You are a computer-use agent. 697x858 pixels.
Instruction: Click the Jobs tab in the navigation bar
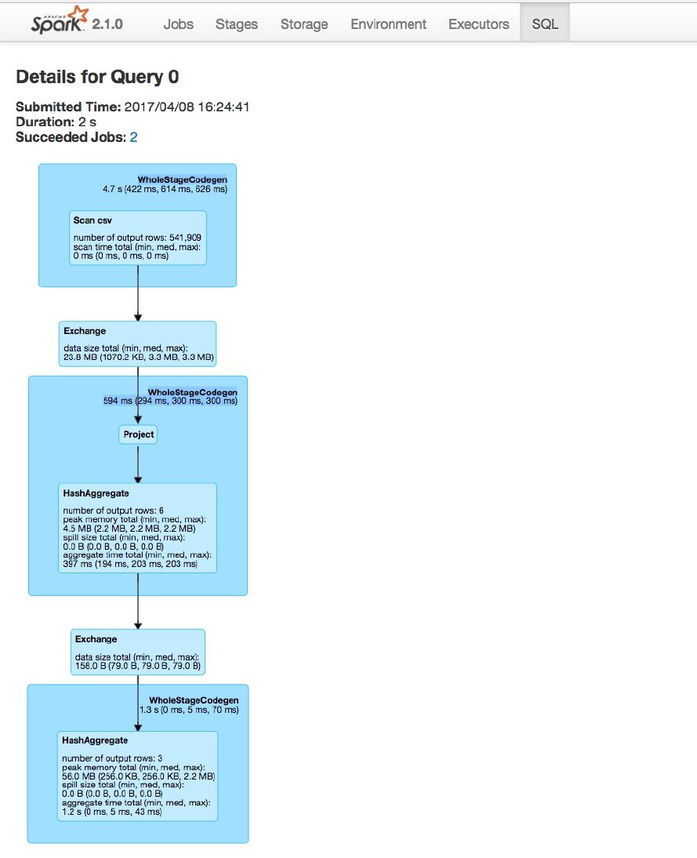point(178,24)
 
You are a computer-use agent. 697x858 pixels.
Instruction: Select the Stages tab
point(236,24)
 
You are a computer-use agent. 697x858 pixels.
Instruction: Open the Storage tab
point(304,24)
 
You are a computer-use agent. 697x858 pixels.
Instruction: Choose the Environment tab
point(388,24)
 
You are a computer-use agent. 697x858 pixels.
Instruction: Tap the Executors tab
point(478,24)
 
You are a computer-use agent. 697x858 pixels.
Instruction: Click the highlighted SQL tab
point(545,24)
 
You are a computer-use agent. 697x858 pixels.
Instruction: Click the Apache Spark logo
point(59,21)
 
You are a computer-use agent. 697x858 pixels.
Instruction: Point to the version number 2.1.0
point(107,24)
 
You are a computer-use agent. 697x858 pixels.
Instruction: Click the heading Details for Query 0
point(97,77)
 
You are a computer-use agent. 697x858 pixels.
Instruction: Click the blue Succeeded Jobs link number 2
point(133,137)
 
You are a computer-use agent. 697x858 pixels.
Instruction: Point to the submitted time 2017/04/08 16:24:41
point(187,107)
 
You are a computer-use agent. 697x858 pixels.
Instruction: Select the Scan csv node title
point(93,220)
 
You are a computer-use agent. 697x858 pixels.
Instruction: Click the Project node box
point(138,434)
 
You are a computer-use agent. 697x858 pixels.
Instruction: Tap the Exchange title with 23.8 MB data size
point(85,331)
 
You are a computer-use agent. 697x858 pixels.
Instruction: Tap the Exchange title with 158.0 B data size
point(96,639)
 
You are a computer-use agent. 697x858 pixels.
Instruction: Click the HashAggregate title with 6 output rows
point(96,494)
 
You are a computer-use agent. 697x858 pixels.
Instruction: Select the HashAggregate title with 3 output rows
point(95,740)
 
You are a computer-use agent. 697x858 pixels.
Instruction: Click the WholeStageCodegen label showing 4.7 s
point(182,180)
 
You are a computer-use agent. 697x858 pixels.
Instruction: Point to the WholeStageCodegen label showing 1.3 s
point(194,700)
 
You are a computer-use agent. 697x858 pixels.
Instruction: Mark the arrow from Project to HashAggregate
point(138,464)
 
